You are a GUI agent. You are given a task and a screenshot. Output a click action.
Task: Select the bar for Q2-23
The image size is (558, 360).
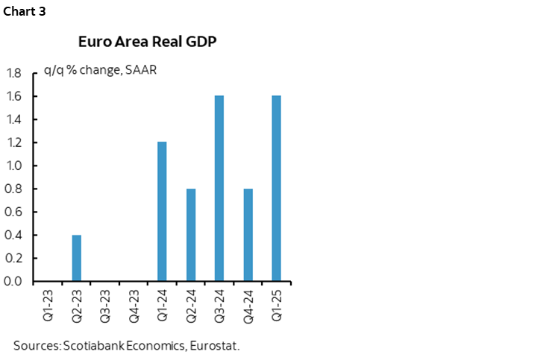77,258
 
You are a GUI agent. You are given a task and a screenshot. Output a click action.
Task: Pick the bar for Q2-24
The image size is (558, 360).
191,235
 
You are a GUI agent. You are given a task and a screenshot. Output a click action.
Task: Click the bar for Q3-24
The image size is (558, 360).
219,189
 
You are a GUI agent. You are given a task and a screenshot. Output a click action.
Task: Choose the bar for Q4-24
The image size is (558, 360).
248,235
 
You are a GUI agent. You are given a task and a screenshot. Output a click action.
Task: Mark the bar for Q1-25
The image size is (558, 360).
277,189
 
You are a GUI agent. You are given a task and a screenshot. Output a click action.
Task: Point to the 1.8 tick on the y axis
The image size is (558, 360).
13,73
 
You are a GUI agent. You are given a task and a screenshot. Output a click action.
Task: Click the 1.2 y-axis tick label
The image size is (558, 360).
13,142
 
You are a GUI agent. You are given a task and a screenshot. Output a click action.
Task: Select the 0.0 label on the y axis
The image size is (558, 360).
13,282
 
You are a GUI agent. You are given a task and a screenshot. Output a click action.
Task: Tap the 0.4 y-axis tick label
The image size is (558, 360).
13,236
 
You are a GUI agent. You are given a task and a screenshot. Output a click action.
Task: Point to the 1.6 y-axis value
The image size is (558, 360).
13,96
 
